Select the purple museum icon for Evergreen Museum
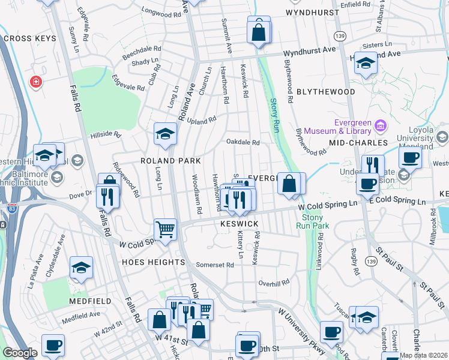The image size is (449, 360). click(x=379, y=125)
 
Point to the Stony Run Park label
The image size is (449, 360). click(x=313, y=221)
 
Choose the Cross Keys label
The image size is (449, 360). click(x=30, y=38)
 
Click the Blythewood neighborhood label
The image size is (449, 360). click(x=325, y=92)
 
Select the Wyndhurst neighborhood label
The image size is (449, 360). click(x=309, y=12)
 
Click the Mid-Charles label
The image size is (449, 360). click(x=353, y=143)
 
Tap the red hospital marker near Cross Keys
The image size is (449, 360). click(x=36, y=81)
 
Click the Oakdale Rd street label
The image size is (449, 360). click(x=243, y=142)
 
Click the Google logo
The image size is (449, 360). click(x=20, y=353)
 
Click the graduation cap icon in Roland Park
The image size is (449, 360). click(x=164, y=134)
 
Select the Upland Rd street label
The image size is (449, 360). click(x=203, y=121)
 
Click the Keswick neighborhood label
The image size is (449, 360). click(x=240, y=224)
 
